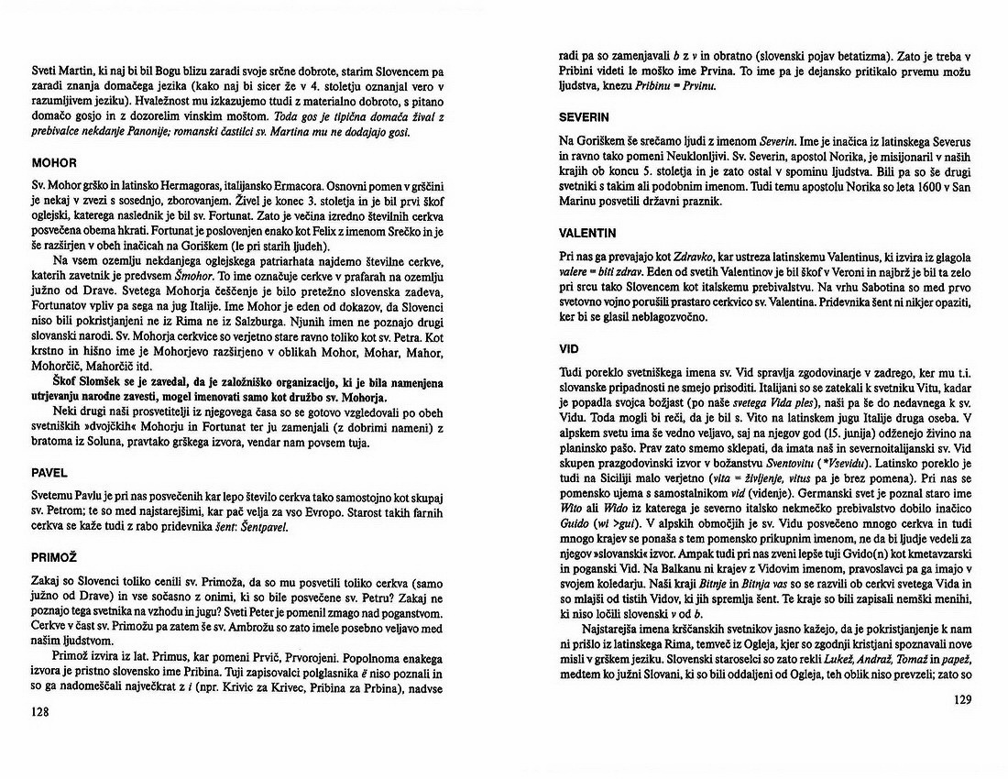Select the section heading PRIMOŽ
tap(53, 554)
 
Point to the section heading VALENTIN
tap(589, 233)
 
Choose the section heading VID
tap(569, 348)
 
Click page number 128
tap(40, 711)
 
